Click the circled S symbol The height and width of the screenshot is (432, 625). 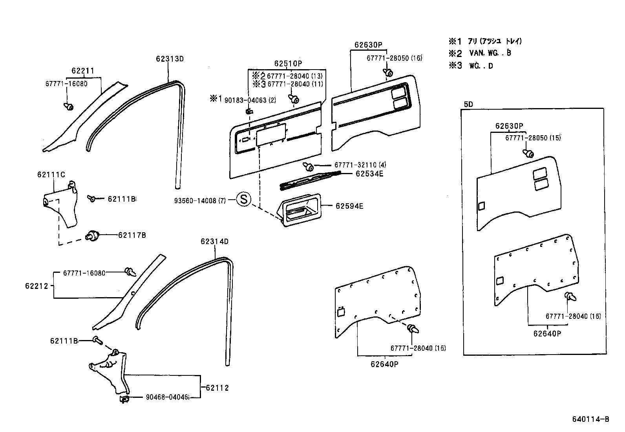[x=243, y=200]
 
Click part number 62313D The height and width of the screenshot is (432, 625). [x=170, y=59]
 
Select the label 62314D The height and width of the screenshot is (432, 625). [x=214, y=241]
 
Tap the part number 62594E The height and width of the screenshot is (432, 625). [x=349, y=206]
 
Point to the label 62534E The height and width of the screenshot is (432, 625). [x=369, y=173]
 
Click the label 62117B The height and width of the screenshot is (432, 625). [x=132, y=235]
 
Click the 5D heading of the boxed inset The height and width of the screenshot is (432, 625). [x=468, y=105]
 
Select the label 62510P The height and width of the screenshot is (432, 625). [x=288, y=64]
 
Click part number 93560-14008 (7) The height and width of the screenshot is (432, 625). [x=200, y=200]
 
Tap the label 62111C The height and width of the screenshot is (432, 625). [x=51, y=175]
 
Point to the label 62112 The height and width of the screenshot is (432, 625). [x=217, y=388]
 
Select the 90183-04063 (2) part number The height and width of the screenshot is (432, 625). [x=250, y=100]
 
